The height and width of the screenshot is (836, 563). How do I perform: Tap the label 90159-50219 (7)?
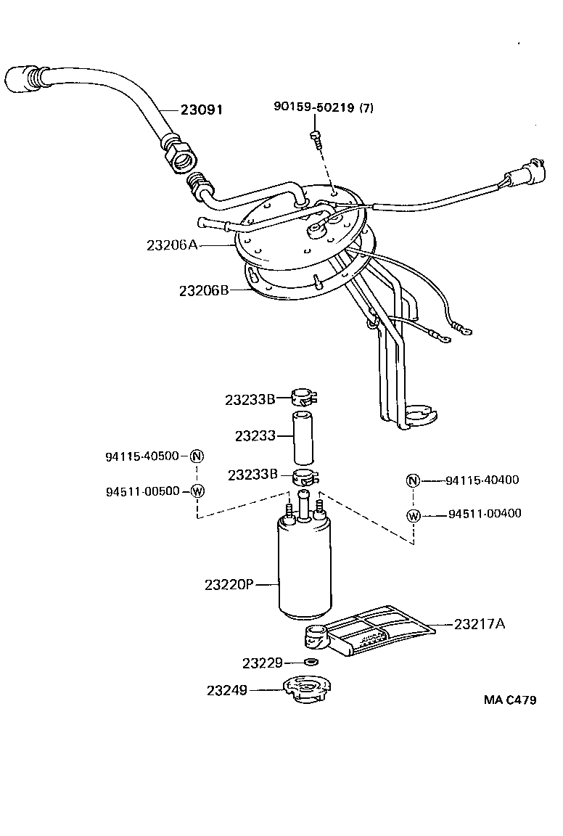click(x=324, y=107)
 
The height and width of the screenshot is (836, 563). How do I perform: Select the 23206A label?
click(x=172, y=245)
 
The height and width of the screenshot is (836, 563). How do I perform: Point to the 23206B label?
click(x=204, y=290)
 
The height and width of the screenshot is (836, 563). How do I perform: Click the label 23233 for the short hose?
click(x=255, y=435)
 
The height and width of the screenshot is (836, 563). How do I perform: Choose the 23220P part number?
click(x=229, y=583)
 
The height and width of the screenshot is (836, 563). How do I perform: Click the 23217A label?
click(x=479, y=623)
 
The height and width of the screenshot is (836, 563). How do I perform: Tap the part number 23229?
click(x=261, y=663)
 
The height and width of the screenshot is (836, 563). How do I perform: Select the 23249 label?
click(x=227, y=691)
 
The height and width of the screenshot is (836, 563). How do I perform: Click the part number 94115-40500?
click(x=142, y=456)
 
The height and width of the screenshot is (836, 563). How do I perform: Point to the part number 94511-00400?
click(x=484, y=514)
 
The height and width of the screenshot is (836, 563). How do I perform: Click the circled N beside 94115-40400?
click(x=413, y=480)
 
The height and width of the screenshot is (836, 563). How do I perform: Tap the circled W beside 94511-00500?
click(x=197, y=491)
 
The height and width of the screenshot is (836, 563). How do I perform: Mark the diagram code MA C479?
click(x=510, y=700)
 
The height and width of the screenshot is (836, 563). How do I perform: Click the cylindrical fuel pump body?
click(x=305, y=573)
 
